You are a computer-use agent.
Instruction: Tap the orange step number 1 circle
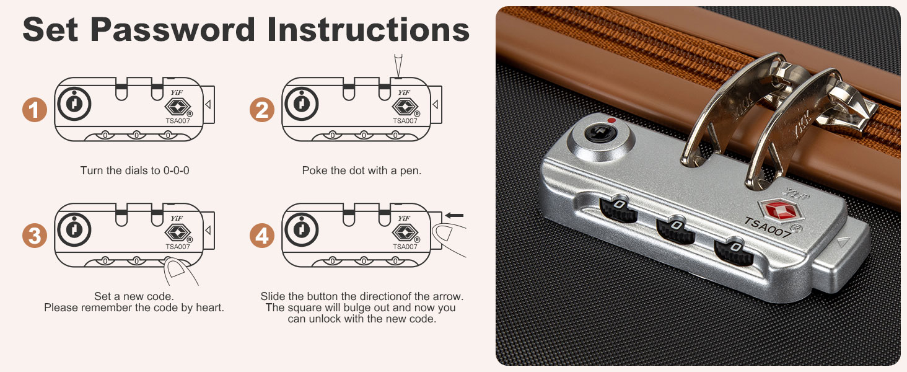[x=35, y=110]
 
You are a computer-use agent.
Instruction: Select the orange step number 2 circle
[x=262, y=110]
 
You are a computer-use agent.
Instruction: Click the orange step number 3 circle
[x=35, y=236]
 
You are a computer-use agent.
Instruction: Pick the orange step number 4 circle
[x=262, y=236]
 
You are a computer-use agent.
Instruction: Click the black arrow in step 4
[x=454, y=215]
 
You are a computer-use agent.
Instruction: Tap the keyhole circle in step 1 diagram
[x=74, y=104]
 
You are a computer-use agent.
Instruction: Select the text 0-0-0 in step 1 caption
[x=176, y=170]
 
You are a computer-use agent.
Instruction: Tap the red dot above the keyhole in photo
[x=611, y=120]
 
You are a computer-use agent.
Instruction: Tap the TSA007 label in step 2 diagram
[x=405, y=121]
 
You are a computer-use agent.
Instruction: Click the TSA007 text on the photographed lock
[x=768, y=228]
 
